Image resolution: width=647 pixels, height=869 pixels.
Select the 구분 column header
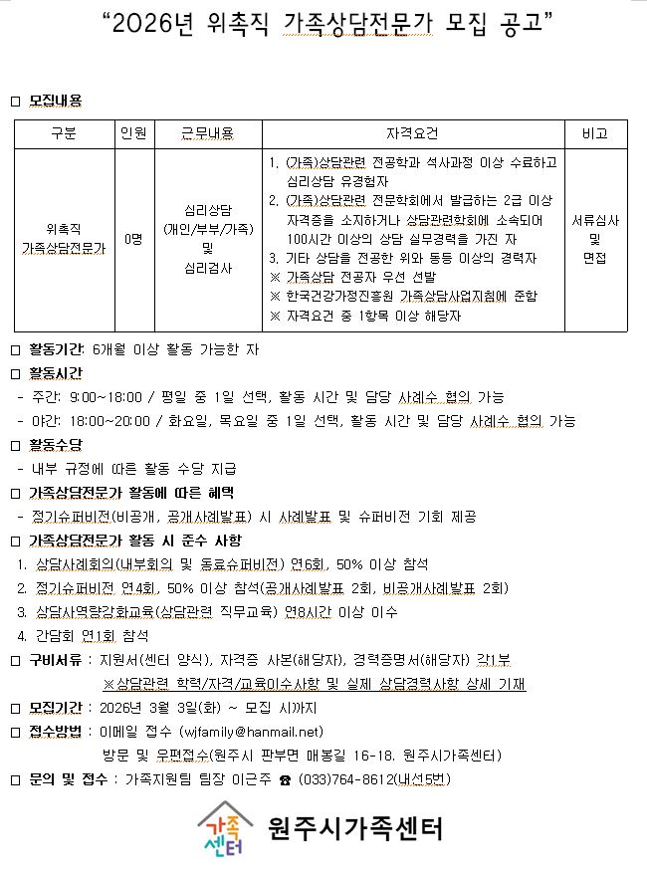point(62,134)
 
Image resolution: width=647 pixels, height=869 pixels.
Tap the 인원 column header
point(132,134)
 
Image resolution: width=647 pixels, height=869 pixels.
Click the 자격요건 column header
point(412,134)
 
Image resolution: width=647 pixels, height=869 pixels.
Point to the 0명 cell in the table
point(132,240)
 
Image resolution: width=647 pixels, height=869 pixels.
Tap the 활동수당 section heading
point(55,444)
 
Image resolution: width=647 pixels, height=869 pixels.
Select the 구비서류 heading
point(55,661)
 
